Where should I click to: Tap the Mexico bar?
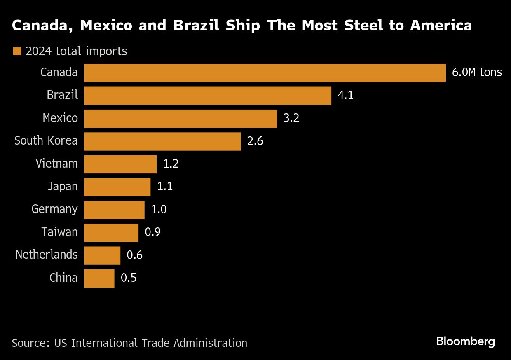coord(180,119)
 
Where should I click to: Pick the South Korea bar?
coord(162,141)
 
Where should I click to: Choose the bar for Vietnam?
coord(120,164)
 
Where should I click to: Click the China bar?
coord(99,278)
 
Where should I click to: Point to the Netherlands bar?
coord(102,255)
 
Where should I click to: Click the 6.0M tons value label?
coord(477,72)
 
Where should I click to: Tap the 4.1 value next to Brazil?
coord(345,96)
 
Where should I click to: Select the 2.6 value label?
coord(255,141)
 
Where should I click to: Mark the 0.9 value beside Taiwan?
coord(152,232)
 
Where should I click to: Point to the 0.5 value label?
coord(128,278)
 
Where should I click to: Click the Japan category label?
coord(62,187)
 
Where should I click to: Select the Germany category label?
coord(54,209)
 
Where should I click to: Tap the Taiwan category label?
coord(59,232)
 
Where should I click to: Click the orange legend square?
coord(17,51)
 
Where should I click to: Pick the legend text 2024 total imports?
coord(76,51)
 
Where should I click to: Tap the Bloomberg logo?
coord(465,341)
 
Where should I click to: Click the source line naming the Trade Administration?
coord(129,343)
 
